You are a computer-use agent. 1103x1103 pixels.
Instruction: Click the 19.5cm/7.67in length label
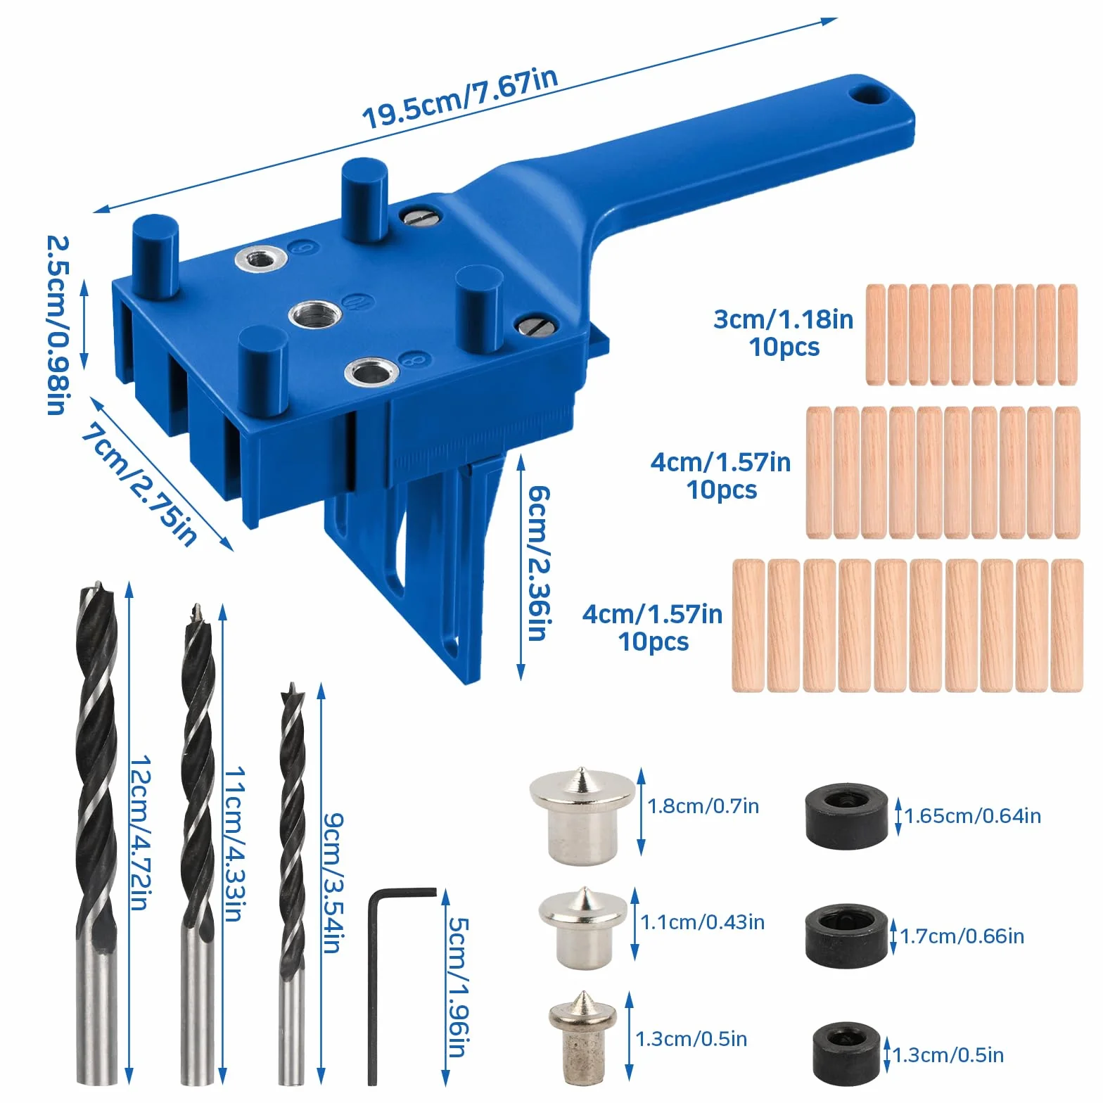click(461, 98)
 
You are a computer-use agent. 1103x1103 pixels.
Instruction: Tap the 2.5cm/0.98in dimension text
click(57, 324)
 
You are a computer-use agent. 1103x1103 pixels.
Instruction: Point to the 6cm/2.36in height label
click(539, 562)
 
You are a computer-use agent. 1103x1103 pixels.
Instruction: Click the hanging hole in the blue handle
click(870, 94)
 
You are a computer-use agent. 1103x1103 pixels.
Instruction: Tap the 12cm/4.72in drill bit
click(96, 834)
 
